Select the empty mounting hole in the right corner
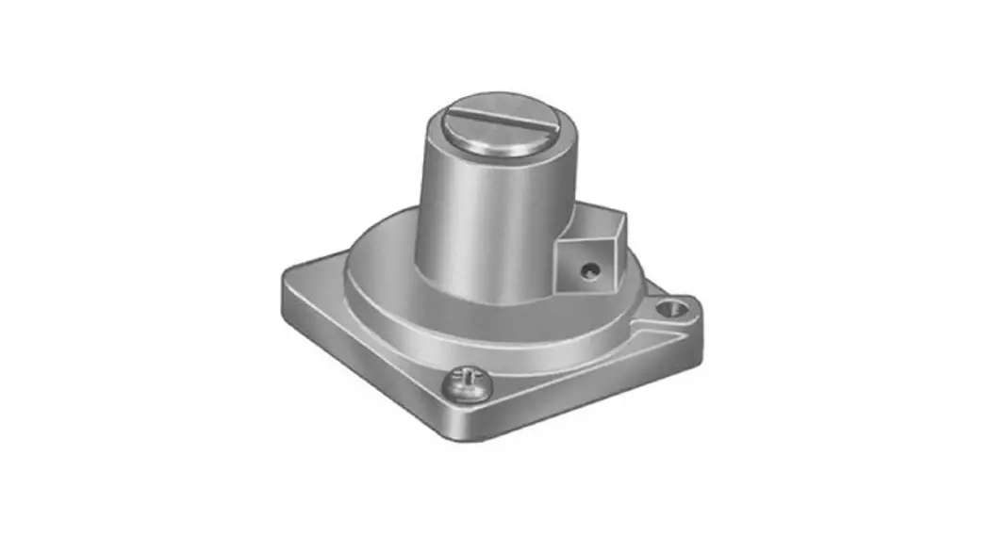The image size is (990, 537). coord(672,307)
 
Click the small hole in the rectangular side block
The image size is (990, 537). coord(589,271)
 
